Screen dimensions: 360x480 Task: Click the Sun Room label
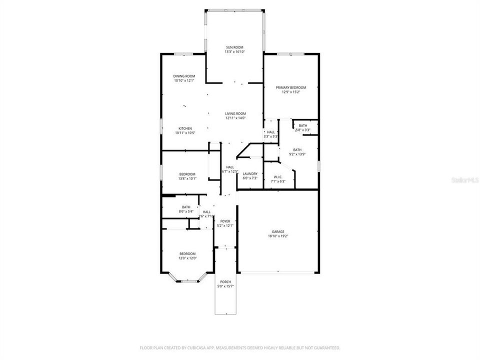pos(234,47)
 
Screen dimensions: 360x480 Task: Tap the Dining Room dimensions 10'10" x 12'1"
pos(184,80)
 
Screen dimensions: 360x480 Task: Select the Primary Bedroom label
pos(291,87)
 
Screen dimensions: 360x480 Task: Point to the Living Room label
pos(235,113)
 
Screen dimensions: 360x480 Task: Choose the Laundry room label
pos(250,173)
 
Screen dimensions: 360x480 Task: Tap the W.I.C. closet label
pos(278,177)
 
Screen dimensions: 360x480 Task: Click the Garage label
pos(278,231)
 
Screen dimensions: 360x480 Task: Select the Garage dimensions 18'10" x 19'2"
pos(278,236)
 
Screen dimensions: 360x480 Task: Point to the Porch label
pos(225,282)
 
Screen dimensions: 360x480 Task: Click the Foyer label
pos(225,221)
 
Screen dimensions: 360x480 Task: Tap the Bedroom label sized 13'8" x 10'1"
pos(187,174)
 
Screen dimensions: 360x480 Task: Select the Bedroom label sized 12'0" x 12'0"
pos(187,253)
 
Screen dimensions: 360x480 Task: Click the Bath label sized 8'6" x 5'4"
pos(186,207)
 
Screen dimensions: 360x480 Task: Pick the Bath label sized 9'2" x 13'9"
pos(297,149)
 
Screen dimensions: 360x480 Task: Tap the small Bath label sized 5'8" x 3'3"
pos(303,125)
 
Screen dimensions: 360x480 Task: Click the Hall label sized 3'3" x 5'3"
pos(270,131)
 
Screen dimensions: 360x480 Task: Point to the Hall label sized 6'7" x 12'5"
pos(230,167)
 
